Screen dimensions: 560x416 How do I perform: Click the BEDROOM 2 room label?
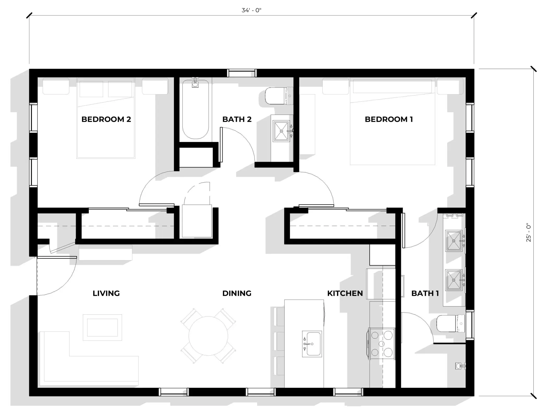pos(106,119)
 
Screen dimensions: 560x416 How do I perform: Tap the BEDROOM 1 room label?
pos(389,119)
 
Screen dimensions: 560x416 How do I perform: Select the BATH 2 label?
pos(237,119)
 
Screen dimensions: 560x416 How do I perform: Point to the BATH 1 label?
pos(425,293)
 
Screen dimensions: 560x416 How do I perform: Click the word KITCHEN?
pos(345,293)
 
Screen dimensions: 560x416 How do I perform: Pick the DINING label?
pos(237,293)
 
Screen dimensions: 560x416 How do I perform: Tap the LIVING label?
pos(106,293)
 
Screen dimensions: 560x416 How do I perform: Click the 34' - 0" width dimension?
pos(251,10)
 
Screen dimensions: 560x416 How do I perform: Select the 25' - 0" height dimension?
pos(529,232)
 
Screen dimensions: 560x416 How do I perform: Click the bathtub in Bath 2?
pos(195,109)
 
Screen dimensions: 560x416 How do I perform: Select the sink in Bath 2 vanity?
pos(281,131)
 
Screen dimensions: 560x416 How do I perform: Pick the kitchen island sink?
pos(312,344)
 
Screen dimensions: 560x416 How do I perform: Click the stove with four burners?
pos(382,343)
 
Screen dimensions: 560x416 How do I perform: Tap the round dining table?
pos(208,336)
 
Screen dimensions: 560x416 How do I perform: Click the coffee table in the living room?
pos(102,327)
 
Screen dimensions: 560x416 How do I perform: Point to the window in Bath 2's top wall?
pos(242,73)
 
